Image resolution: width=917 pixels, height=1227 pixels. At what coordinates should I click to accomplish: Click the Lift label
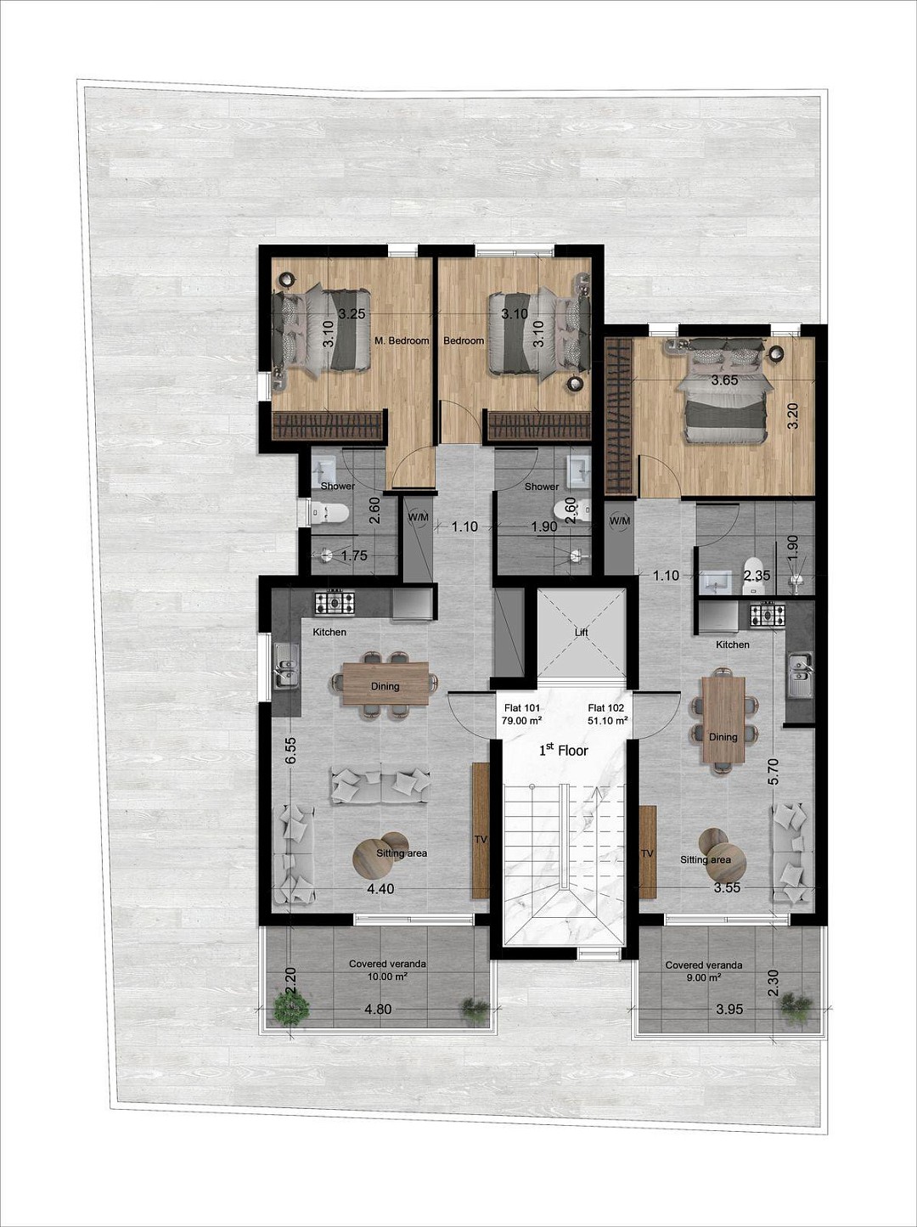pos(581,633)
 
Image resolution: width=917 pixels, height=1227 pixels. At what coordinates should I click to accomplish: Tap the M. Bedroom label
pos(402,341)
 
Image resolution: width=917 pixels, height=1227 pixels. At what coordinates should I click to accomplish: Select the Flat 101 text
pos(522,707)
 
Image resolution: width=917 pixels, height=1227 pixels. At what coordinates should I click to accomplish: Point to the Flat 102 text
pos(605,707)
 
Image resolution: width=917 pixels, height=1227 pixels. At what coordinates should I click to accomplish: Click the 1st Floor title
pos(563,750)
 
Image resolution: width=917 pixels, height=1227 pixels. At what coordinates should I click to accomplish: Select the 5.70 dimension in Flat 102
pos(774,771)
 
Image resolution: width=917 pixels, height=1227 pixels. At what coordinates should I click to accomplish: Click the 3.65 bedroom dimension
pos(724,380)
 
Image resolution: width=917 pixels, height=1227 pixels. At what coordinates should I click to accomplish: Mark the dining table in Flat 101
pos(385,683)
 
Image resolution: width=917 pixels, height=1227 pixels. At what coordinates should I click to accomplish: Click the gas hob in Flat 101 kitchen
pos(335,603)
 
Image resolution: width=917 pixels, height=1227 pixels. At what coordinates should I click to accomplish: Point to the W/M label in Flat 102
pos(619,521)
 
